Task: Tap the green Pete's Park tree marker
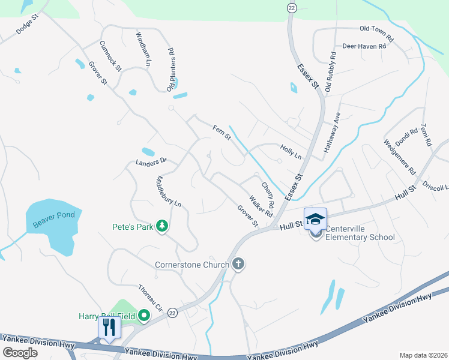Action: point(161,226)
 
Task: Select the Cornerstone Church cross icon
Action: point(238,265)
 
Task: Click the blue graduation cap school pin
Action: point(315,218)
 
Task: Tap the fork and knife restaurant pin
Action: point(109,328)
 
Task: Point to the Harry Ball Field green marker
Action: point(144,315)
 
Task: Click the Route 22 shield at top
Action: point(292,7)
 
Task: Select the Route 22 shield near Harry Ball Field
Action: point(173,313)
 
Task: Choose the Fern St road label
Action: point(221,132)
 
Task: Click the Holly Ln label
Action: point(291,151)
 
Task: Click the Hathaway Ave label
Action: point(333,131)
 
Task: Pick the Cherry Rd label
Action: point(268,195)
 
